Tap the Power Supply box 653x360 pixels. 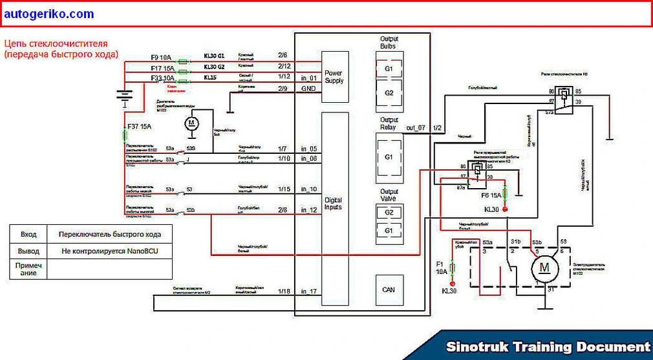point(334,76)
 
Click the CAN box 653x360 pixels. point(389,290)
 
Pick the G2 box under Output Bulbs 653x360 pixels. point(389,93)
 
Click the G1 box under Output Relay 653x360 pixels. point(389,157)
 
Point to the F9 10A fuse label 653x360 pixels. point(162,57)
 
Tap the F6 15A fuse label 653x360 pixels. point(492,195)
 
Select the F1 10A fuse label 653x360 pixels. point(440,268)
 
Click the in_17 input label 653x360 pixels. point(309,291)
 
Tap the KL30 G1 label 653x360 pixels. point(214,57)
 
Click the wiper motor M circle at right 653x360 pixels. point(544,267)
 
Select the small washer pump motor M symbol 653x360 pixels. point(192,123)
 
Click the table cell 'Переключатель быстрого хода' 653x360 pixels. point(109,234)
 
